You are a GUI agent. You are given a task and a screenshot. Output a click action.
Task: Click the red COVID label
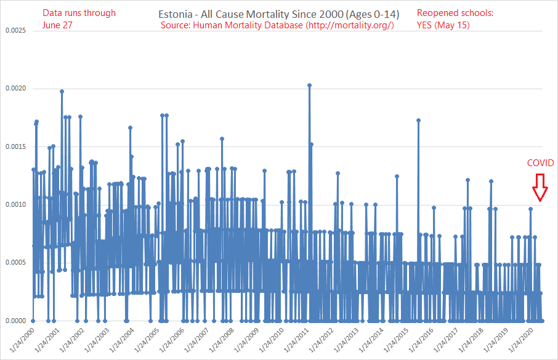(540, 163)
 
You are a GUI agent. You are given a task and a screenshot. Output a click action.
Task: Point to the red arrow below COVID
(540, 188)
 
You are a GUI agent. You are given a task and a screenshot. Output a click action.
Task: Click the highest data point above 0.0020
(309, 86)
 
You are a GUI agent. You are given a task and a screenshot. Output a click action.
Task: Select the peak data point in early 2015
(418, 120)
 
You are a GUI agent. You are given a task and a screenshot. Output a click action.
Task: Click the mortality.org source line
(277, 25)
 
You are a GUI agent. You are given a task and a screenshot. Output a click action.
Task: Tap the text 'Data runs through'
(79, 13)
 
